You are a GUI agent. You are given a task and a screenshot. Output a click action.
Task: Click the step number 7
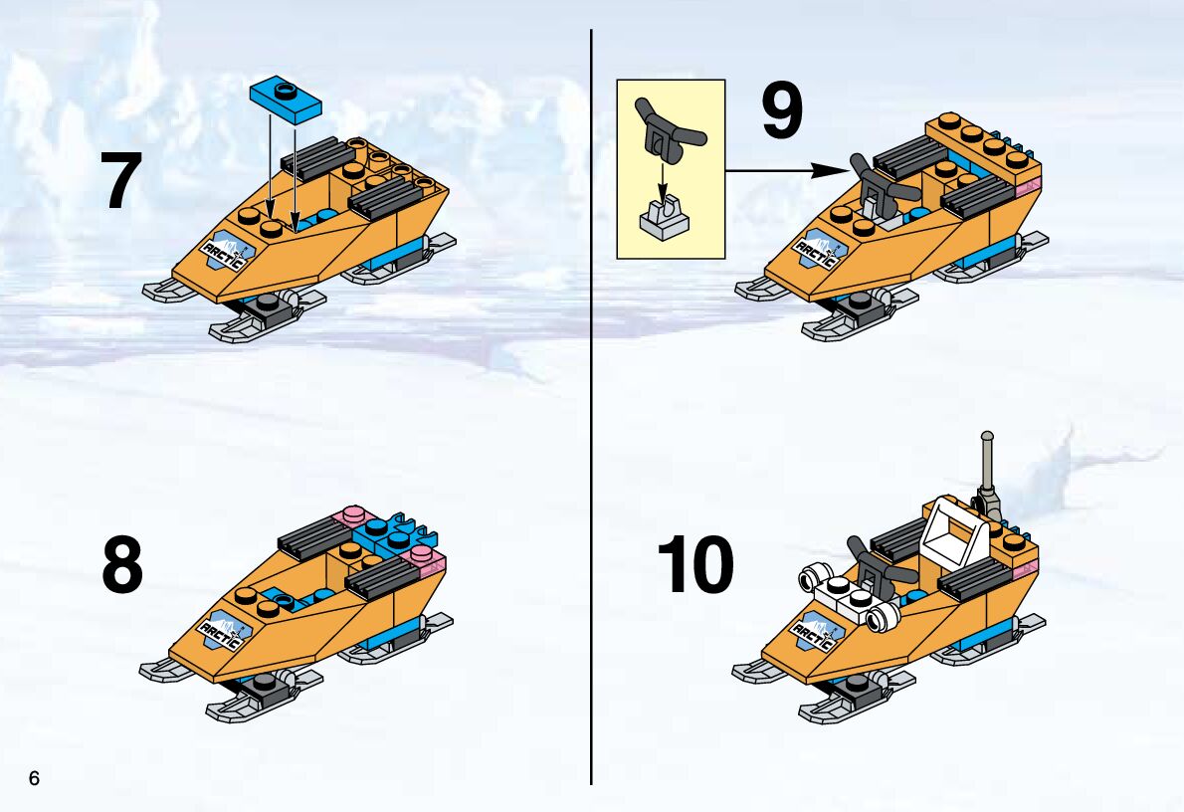coord(120,180)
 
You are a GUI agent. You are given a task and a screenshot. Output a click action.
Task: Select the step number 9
coord(781,111)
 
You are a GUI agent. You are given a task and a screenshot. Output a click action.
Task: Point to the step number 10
coord(695,564)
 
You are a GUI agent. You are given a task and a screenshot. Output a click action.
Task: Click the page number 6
coord(34,778)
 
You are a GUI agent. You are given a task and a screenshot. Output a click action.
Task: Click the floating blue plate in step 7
coord(287,99)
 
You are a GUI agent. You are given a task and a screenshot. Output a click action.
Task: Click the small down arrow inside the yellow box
coord(663,184)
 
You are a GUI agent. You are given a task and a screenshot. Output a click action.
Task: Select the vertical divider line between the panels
coord(590,406)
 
